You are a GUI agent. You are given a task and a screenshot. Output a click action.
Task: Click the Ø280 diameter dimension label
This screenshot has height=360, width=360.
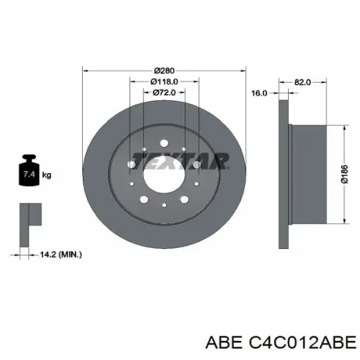[164, 70]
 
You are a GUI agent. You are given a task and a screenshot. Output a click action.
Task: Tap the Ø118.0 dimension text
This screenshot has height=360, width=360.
[164, 82]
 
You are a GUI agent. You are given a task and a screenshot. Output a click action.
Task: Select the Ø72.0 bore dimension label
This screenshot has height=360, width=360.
[164, 92]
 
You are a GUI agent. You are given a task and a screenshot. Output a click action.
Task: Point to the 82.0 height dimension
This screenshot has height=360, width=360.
[302, 82]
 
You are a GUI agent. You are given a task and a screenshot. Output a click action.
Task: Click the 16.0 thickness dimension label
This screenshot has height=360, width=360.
[259, 93]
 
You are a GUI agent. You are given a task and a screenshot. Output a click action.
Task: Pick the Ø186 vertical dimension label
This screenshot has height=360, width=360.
[344, 174]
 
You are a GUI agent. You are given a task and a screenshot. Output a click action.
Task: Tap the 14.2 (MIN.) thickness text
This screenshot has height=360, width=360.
[61, 254]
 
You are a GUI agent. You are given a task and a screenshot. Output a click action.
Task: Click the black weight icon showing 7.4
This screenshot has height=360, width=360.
[29, 170]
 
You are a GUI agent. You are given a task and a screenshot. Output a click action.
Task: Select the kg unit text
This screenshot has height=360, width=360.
[47, 175]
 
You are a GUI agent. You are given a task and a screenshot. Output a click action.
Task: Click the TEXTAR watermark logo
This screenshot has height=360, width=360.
[180, 161]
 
